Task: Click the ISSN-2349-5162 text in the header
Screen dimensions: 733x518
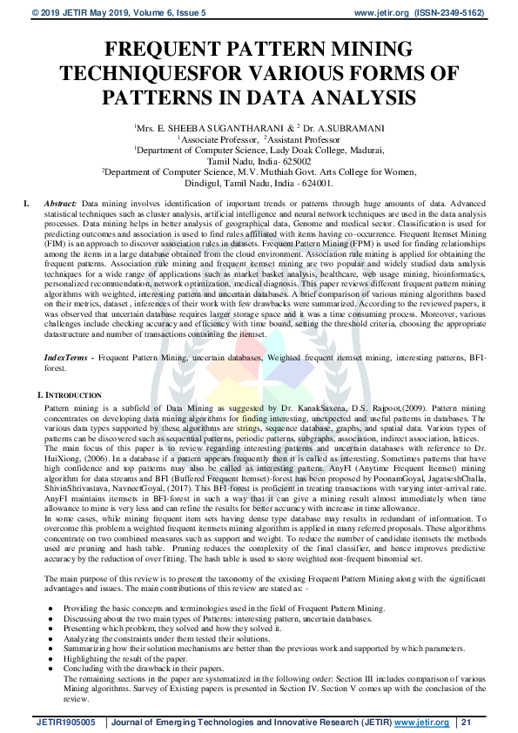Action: coord(465,13)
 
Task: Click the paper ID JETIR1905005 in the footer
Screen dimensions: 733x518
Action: coord(65,723)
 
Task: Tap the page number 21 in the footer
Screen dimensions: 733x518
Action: coord(466,723)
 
